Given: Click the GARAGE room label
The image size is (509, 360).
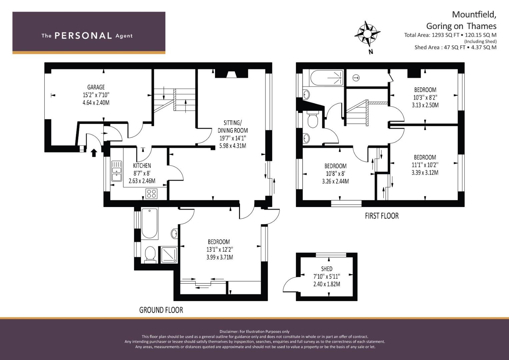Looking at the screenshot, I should point(96,87).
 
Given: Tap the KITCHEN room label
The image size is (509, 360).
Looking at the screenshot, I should point(142,166).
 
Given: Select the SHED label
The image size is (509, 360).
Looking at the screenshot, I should point(327,269).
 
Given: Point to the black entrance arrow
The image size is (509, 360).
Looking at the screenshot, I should point(94,153).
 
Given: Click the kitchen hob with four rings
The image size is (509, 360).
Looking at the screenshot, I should point(151,193).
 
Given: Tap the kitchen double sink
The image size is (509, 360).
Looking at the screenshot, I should point(116,171).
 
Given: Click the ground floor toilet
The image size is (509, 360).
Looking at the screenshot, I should point(150,255).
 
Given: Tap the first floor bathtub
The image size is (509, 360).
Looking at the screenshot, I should point(327,78).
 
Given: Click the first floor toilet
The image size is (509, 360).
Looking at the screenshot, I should point(313,120).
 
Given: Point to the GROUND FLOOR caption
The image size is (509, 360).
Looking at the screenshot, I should point(161,310).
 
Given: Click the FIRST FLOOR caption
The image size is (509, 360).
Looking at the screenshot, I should point(382,216).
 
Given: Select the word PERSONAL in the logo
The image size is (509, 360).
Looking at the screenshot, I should point(83,36).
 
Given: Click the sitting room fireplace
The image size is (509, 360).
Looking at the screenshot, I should point(231,74).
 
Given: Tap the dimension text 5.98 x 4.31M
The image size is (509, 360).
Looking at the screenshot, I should point(233,146).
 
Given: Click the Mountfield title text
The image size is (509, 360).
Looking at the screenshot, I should point(474,15).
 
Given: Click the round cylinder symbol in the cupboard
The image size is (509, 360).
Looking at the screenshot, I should point(356,78).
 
